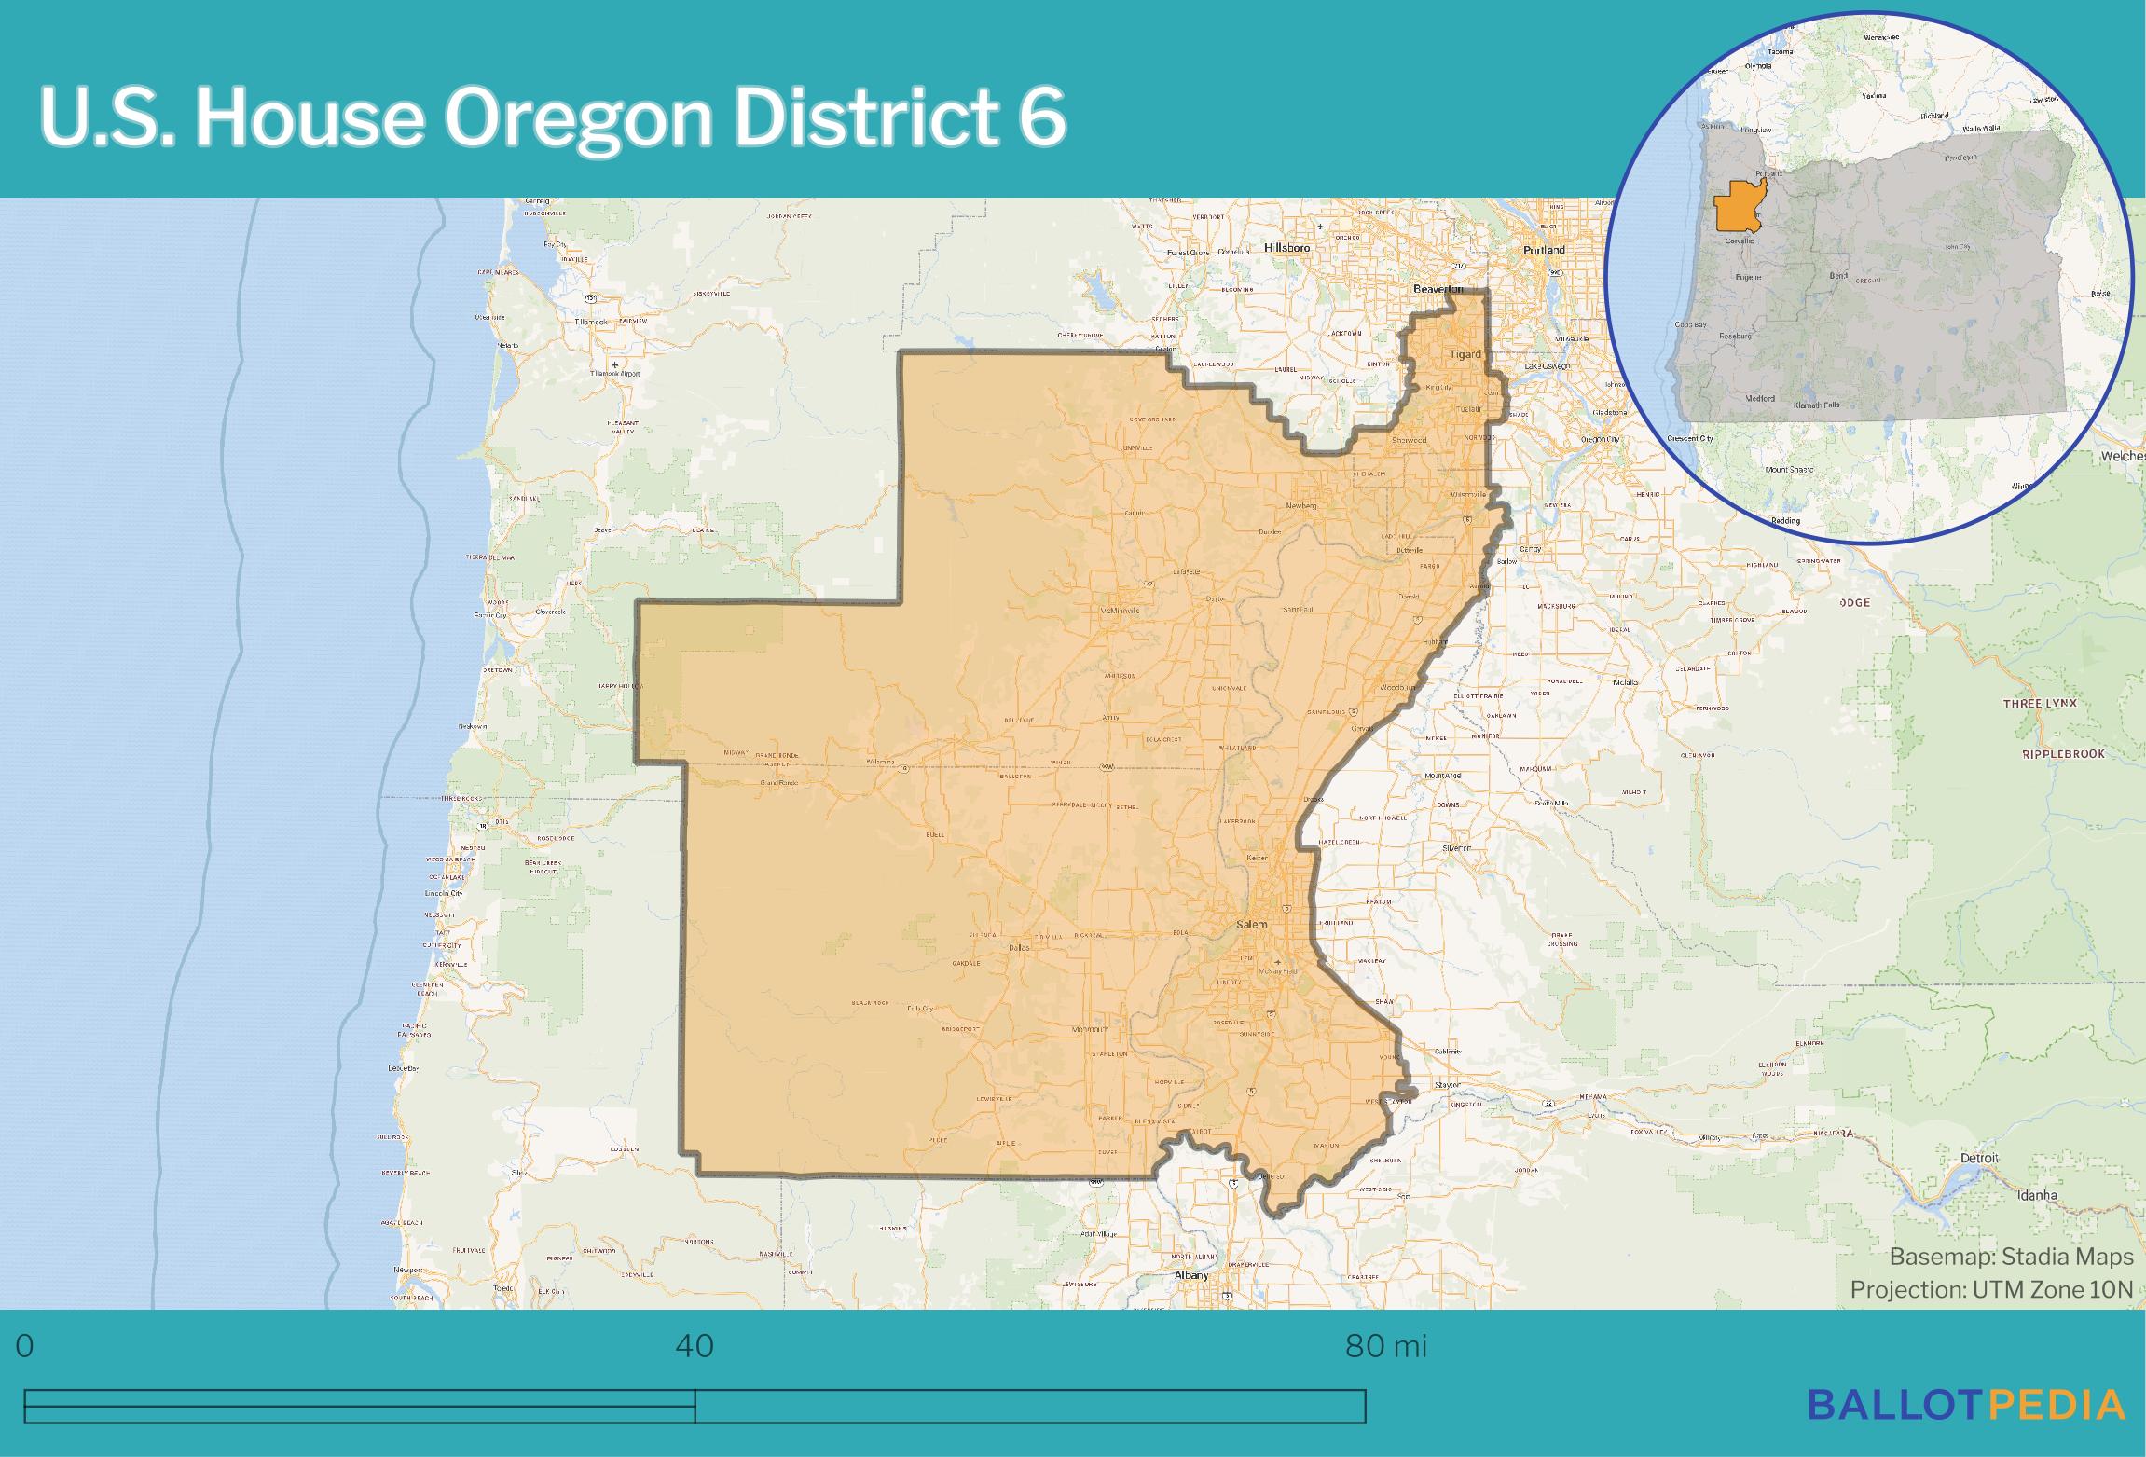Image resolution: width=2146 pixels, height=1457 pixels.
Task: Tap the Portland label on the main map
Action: (1544, 250)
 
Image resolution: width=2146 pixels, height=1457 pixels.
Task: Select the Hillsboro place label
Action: (1286, 248)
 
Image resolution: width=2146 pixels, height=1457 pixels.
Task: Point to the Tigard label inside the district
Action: (1465, 354)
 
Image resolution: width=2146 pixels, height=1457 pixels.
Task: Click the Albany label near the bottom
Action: (1190, 1275)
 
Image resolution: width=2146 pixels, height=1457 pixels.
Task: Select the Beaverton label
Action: (1439, 289)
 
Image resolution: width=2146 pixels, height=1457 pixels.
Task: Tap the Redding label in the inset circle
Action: (1785, 520)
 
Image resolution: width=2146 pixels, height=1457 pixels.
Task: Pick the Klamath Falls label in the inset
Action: (1817, 405)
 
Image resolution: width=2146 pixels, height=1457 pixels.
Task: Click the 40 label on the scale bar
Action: (695, 1346)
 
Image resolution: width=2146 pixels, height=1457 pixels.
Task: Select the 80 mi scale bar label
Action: (1385, 1346)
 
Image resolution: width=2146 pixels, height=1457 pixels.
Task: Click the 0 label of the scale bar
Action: (24, 1346)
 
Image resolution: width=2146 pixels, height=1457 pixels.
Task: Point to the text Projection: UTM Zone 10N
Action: (1991, 1289)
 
